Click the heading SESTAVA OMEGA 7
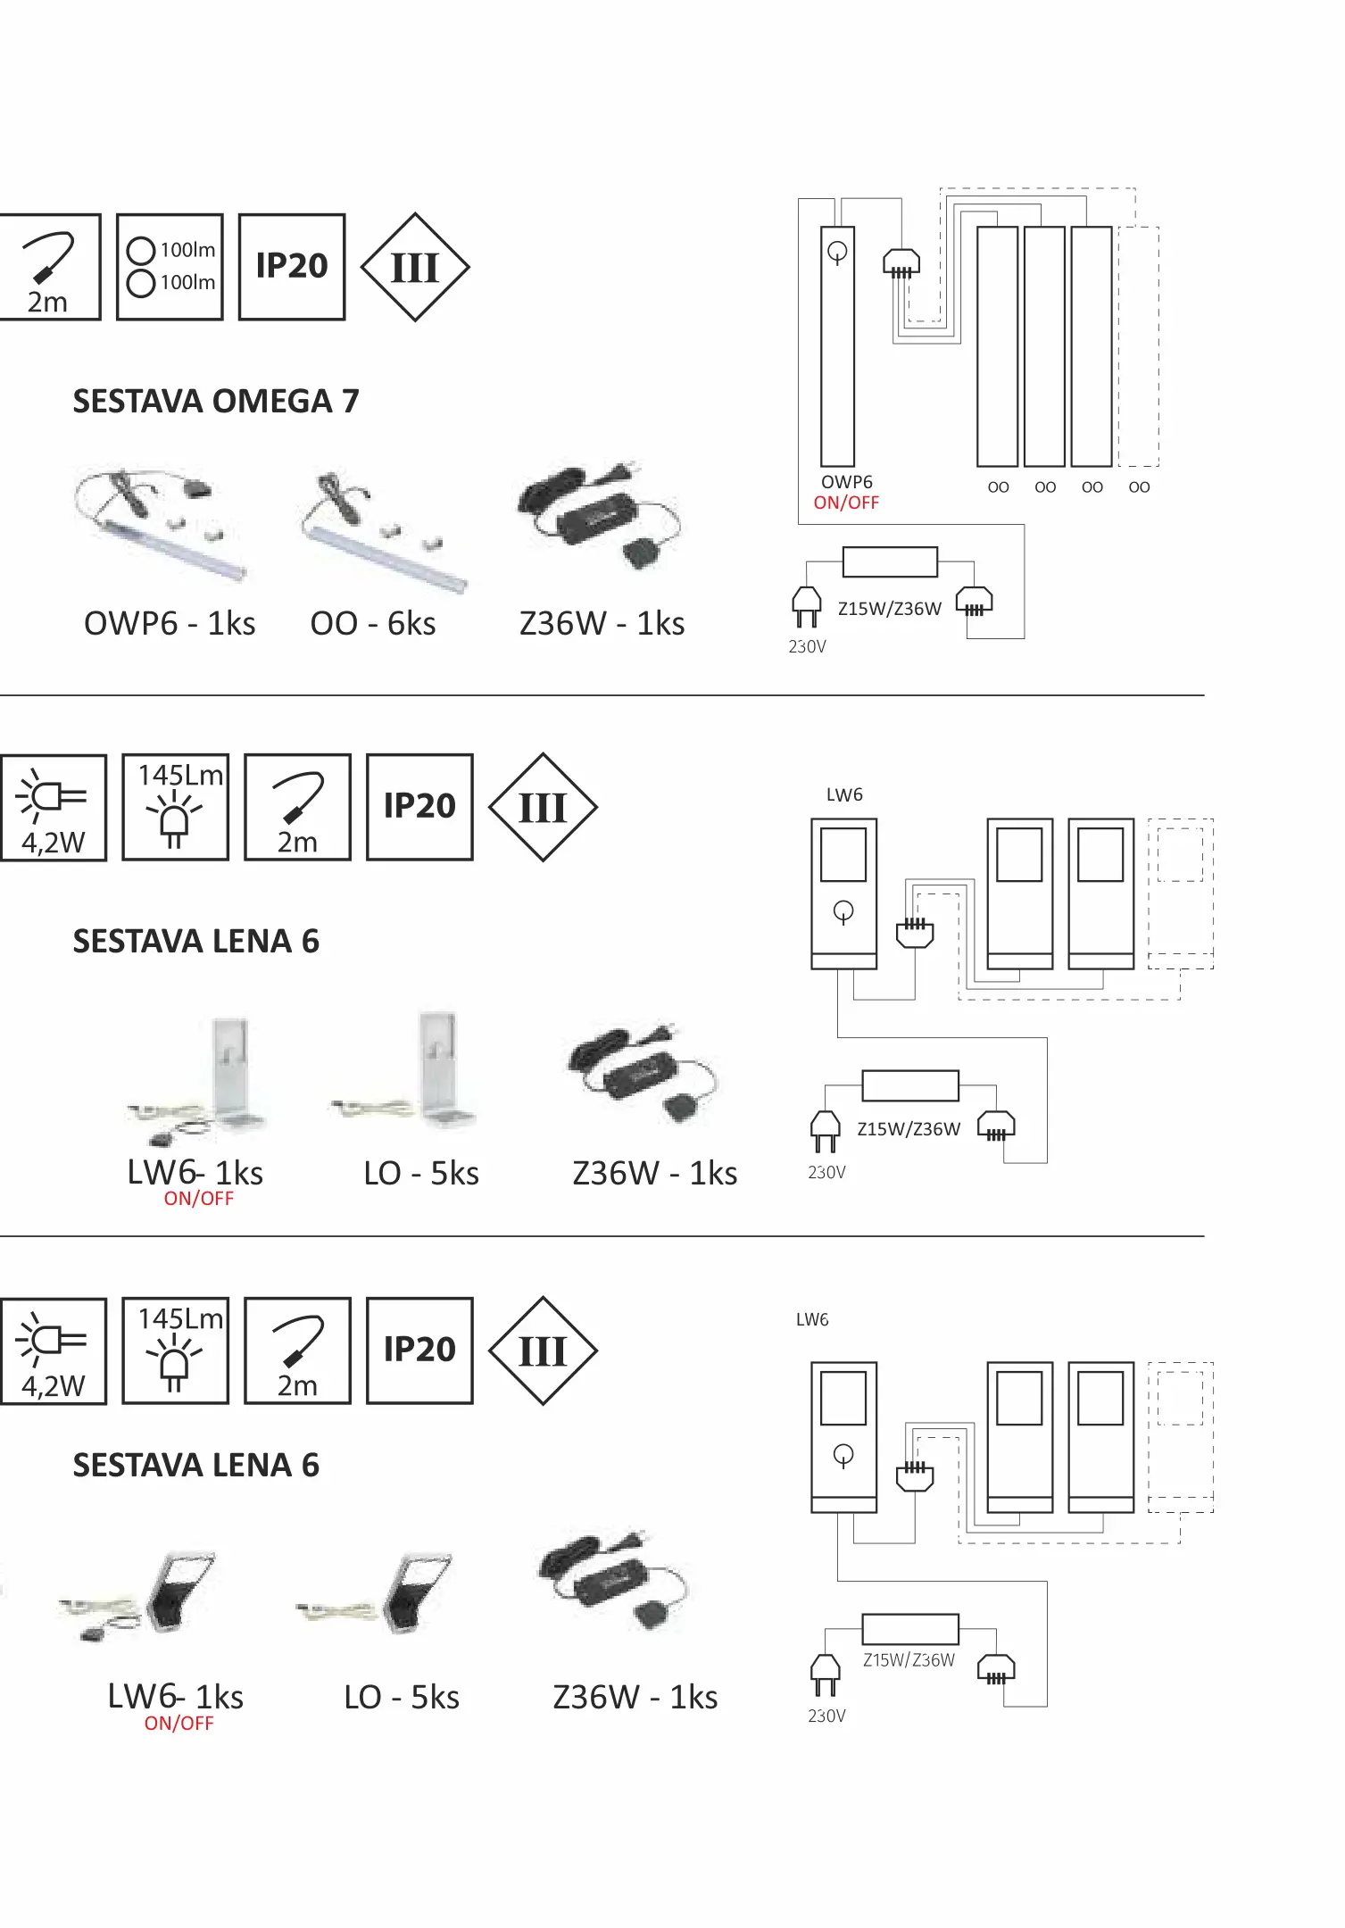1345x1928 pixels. [216, 402]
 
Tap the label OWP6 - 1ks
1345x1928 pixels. [170, 623]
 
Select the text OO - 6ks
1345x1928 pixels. [373, 623]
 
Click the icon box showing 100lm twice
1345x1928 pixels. [170, 267]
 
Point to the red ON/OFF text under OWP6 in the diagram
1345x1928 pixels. [846, 503]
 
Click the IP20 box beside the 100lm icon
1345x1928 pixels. [292, 267]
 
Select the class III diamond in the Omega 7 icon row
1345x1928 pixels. [415, 267]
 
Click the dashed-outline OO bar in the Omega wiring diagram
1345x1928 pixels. [1139, 346]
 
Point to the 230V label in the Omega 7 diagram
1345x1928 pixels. [808, 646]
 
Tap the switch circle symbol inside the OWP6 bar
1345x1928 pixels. [837, 253]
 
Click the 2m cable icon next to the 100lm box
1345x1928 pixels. [48, 267]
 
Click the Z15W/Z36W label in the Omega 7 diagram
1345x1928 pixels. [890, 609]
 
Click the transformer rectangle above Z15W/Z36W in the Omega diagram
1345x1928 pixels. [890, 562]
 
